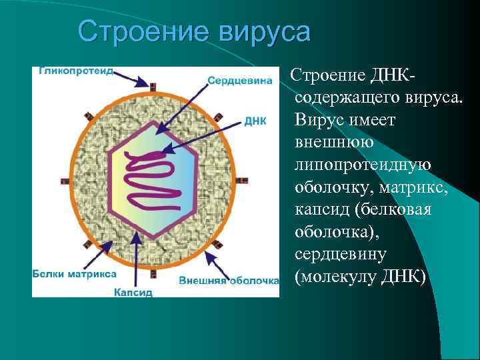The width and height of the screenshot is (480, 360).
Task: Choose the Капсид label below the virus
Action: [133, 291]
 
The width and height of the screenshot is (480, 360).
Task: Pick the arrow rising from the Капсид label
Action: [136, 257]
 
